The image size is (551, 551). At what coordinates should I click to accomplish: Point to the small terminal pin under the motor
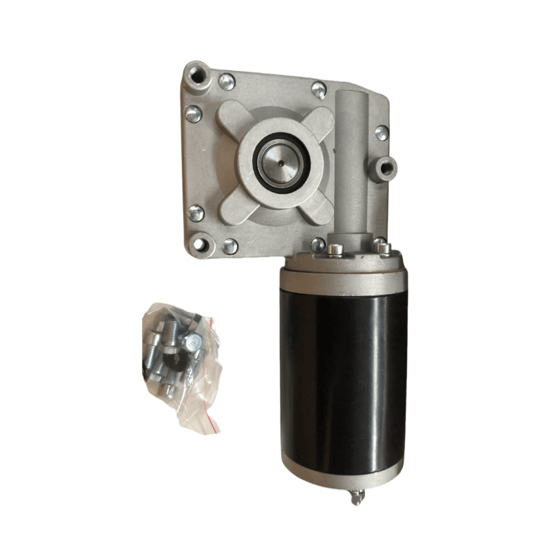tap(356, 497)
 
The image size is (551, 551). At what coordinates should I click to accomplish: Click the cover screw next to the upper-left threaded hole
tap(227, 81)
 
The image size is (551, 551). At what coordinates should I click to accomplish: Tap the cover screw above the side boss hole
tap(381, 133)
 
